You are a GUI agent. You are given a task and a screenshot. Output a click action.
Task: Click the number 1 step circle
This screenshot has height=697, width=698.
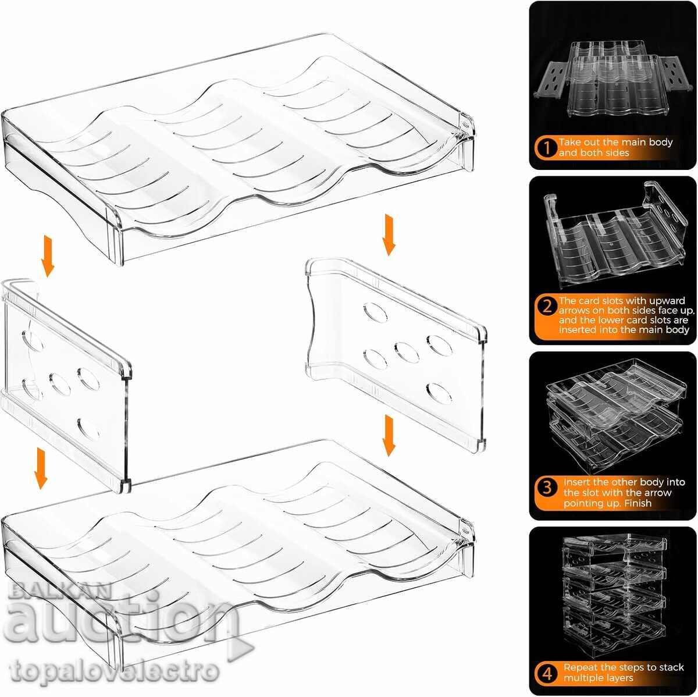[x=546, y=147]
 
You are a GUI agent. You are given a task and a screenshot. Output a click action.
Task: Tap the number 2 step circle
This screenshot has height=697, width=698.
[x=546, y=306]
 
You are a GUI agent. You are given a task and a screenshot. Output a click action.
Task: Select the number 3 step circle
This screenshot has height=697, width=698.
[x=547, y=487]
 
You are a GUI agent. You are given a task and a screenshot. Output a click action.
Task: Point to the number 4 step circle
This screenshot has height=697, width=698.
[x=547, y=674]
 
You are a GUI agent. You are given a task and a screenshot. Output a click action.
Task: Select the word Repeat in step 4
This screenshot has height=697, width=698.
[x=581, y=667]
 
